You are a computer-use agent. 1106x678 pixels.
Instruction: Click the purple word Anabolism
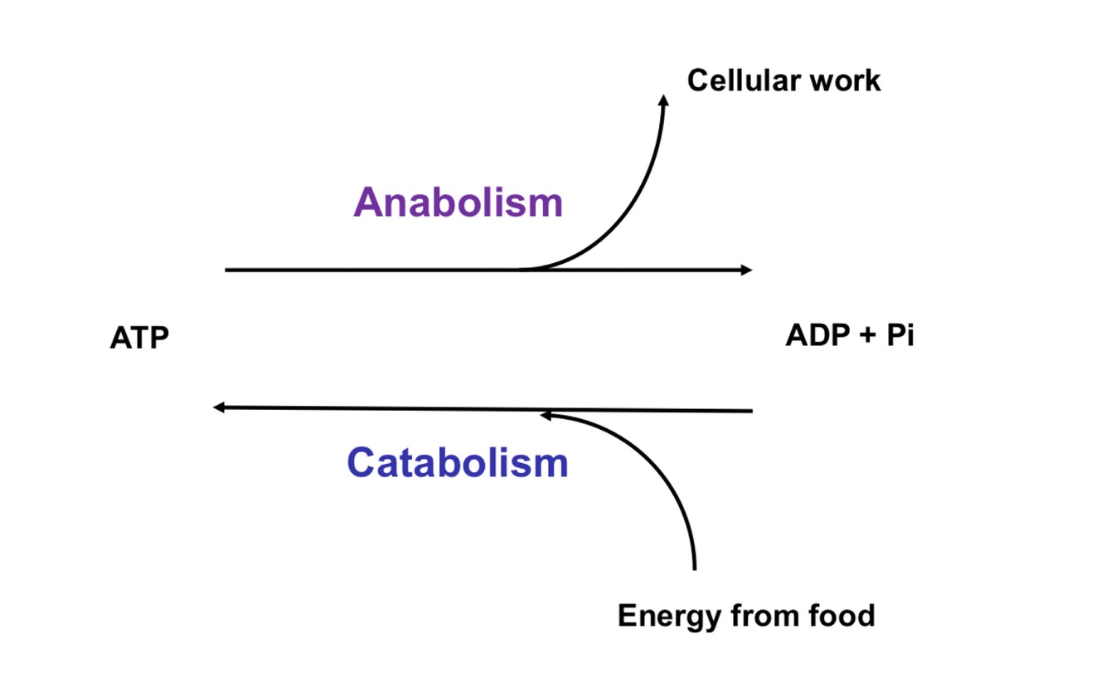coord(458,202)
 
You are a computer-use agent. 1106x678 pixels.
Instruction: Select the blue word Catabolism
coord(458,462)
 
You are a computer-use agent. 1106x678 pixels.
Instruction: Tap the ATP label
coord(139,338)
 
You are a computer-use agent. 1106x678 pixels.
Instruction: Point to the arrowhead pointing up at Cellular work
coord(662,100)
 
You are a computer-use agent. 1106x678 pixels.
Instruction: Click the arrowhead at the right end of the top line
coord(746,270)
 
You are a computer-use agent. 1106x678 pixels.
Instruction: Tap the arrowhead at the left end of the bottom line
coord(219,407)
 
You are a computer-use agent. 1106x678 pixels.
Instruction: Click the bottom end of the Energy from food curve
coord(695,568)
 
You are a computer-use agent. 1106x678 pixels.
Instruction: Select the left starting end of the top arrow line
coord(227,270)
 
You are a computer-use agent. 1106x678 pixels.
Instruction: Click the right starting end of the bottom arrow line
coord(750,410)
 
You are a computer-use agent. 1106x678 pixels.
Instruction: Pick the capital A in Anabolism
coord(368,202)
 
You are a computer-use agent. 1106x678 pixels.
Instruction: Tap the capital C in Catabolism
coord(361,462)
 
